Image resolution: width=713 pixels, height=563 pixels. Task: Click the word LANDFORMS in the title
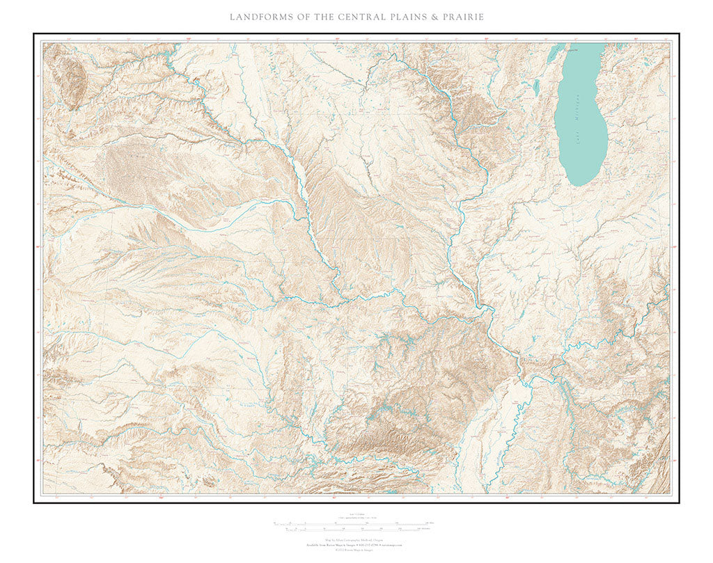coord(260,16)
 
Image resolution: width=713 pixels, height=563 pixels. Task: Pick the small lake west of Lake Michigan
coord(536,88)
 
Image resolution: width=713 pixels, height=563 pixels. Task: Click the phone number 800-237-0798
coord(369,545)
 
